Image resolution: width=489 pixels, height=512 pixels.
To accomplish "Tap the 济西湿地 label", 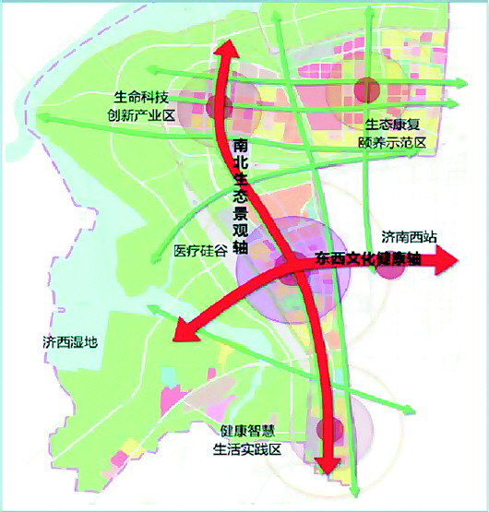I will tap(69, 341).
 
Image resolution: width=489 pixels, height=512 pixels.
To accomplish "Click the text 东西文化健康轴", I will tap(367, 260).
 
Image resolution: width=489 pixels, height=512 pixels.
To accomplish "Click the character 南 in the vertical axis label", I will tap(241, 146).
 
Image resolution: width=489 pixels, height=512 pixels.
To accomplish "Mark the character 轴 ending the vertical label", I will tap(241, 246).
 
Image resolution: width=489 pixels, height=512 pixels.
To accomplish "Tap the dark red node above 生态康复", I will tap(368, 89).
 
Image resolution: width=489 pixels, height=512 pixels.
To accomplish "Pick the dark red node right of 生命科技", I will tap(218, 106).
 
